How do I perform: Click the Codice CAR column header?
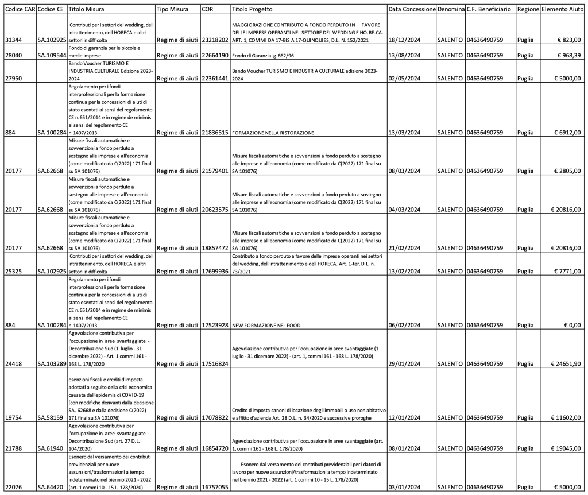click(18, 10)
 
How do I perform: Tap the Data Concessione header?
click(411, 10)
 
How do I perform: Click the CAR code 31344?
click(12, 40)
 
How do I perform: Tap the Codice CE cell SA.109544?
click(50, 55)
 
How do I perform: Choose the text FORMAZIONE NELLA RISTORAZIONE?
click(273, 133)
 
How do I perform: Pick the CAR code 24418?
click(12, 363)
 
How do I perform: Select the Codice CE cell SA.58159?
click(50, 417)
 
